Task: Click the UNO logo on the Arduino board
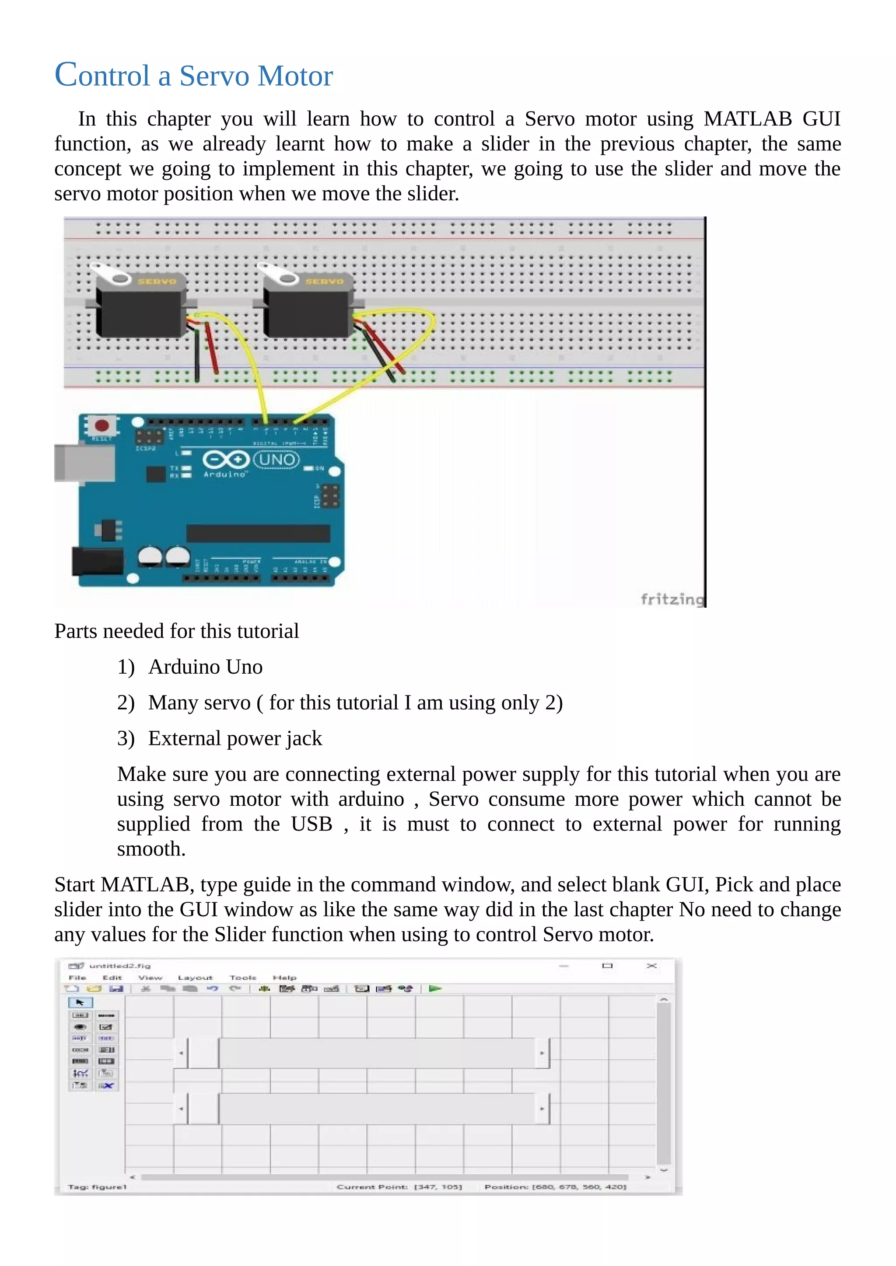coord(276,459)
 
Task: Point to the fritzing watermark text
coord(672,599)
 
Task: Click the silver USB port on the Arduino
coord(83,463)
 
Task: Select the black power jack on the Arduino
coord(97,561)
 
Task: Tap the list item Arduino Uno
coord(205,667)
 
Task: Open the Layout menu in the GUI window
coord(195,977)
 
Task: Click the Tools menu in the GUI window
coord(243,977)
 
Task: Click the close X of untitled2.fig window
coord(651,966)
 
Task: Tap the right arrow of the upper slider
coord(542,1053)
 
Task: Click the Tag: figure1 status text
coord(97,1186)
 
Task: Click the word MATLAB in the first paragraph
coord(748,119)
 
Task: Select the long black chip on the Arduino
coord(258,533)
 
